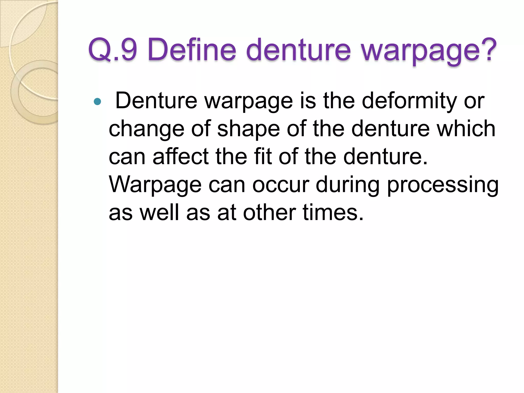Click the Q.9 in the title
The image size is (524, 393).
113,50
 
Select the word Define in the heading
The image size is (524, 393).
191,50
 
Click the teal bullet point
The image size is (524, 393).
97,102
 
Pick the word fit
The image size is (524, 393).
263,157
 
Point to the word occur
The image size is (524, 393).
281,185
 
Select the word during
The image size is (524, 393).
347,185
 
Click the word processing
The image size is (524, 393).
443,185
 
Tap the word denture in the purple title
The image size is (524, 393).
298,50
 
